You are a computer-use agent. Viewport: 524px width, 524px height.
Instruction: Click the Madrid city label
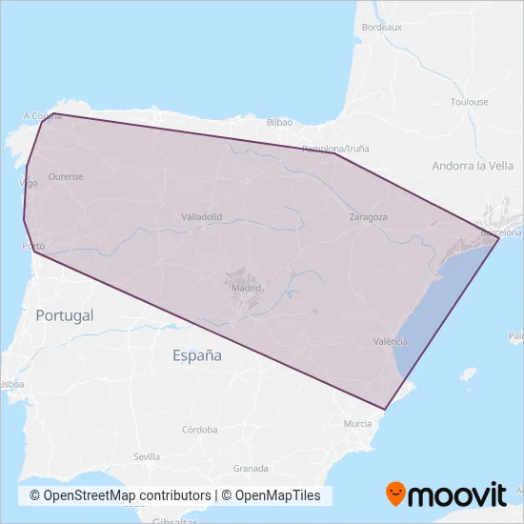point(246,287)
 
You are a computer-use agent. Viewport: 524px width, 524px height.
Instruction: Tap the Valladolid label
point(201,217)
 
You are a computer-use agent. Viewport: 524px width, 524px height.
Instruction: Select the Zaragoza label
point(368,217)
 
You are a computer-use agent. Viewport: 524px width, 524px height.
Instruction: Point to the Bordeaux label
point(382,28)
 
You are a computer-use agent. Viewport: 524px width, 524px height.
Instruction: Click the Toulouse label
point(469,102)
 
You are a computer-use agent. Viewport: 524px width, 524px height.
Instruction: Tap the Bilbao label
point(279,123)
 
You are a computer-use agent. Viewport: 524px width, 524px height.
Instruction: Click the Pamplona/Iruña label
point(335,150)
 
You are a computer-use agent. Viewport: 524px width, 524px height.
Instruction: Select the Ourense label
point(66,176)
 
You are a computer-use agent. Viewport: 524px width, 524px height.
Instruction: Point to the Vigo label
point(29,182)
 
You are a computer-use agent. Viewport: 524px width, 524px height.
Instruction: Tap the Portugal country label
point(65,315)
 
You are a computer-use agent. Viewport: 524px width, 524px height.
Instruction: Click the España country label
point(197,355)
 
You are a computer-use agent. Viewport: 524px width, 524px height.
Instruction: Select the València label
point(393,341)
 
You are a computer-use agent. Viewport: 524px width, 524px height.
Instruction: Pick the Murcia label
point(358,423)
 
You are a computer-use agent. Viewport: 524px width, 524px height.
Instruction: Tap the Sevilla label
point(147,457)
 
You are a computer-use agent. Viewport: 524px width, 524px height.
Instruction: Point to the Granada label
point(251,469)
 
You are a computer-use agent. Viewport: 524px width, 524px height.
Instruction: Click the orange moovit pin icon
point(394,494)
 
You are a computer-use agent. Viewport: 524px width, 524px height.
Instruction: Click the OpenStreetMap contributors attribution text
point(120,495)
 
